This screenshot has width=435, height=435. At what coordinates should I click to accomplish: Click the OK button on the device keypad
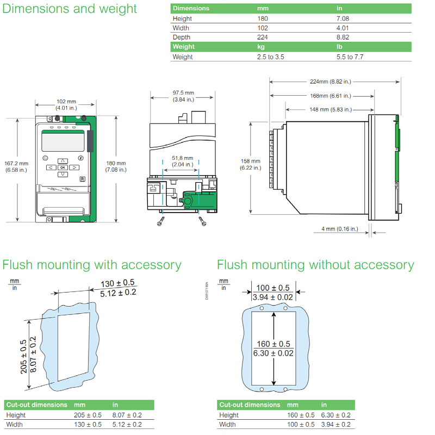pos(63,167)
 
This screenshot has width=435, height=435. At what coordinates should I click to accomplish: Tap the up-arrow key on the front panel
pos(63,160)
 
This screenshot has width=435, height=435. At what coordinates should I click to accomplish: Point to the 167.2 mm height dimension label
pos(16,166)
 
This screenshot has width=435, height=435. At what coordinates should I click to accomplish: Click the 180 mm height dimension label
pos(115,166)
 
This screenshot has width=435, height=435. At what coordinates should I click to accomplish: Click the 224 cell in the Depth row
pos(263,38)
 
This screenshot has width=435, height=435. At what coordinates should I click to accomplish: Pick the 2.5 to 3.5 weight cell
pos(270,57)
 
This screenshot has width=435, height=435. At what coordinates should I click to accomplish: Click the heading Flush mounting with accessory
pos(91,265)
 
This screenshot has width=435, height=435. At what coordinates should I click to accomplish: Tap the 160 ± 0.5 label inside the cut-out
pos(273,344)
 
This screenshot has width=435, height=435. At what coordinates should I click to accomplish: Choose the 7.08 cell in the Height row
pos(344,18)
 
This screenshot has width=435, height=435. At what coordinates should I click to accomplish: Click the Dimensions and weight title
pos(70,9)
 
